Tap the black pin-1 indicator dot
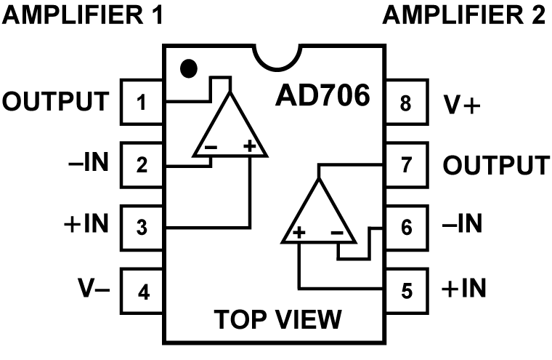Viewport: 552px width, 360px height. pyautogui.click(x=188, y=69)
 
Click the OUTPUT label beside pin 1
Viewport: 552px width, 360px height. pyautogui.click(x=57, y=101)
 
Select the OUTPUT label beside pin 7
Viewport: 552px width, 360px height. pyautogui.click(x=495, y=164)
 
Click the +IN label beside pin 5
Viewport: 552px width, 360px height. pyautogui.click(x=464, y=289)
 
